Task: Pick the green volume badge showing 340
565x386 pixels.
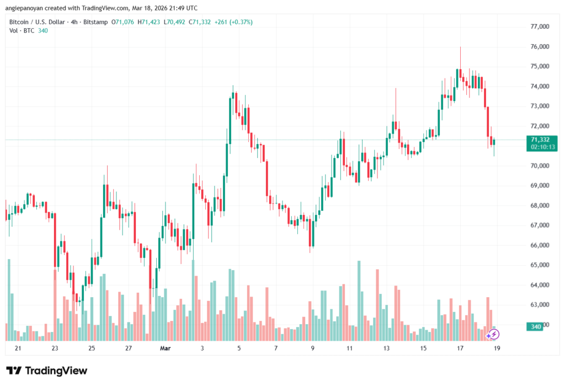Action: coord(536,327)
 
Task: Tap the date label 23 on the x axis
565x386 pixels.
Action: coord(55,348)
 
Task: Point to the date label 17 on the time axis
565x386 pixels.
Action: coord(460,348)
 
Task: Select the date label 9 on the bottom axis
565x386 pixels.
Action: coord(313,348)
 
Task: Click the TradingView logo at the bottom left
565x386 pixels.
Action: coord(46,371)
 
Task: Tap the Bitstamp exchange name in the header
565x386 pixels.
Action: coord(95,22)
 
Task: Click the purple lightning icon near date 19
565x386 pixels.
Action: coord(493,334)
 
